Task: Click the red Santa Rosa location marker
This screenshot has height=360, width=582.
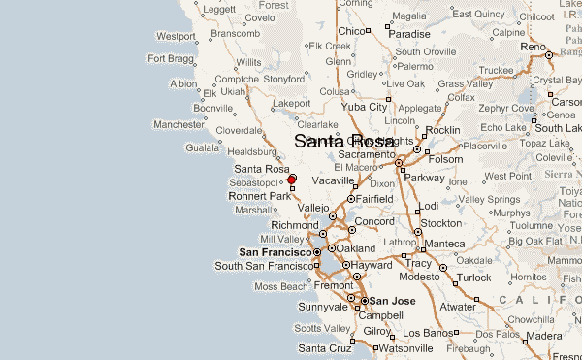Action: pyautogui.click(x=291, y=179)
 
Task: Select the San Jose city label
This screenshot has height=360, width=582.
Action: pyautogui.click(x=391, y=301)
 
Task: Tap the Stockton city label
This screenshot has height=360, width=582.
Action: pyautogui.click(x=440, y=223)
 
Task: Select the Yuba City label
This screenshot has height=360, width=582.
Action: pyautogui.click(x=366, y=107)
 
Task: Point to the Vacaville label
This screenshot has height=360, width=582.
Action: pyautogui.click(x=334, y=181)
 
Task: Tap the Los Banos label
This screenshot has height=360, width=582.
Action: pyautogui.click(x=424, y=332)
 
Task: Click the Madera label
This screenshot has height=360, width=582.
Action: pyautogui.click(x=544, y=336)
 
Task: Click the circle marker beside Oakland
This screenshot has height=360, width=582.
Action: pyautogui.click(x=329, y=249)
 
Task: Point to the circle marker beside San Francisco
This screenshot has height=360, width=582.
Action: pyautogui.click(x=316, y=252)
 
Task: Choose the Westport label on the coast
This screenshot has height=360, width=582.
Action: pyautogui.click(x=176, y=36)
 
